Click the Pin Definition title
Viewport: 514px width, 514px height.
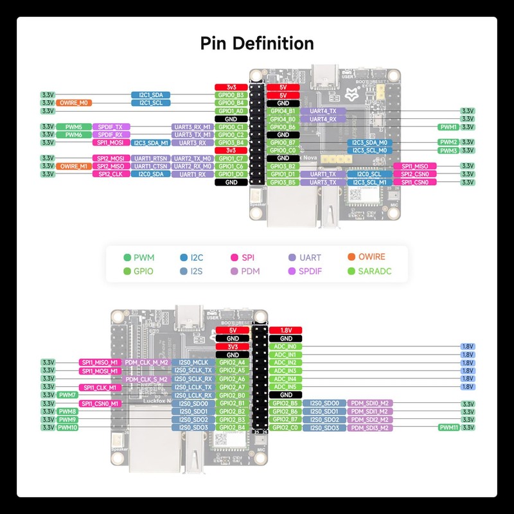coord(257,44)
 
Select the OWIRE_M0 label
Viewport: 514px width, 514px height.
coord(75,103)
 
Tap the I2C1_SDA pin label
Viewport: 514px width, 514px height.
coord(150,94)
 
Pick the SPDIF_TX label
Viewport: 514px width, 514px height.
coord(111,127)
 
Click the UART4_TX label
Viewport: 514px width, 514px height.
coord(323,111)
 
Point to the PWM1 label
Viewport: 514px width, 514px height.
coord(448,127)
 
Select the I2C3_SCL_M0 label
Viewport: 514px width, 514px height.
coord(369,150)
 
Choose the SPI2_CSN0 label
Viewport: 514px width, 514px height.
coord(414,174)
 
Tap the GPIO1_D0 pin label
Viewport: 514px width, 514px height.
coord(231,174)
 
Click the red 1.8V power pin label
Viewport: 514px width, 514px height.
coord(285,330)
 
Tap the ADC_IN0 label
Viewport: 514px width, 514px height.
coord(285,346)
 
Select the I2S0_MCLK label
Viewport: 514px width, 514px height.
coord(191,362)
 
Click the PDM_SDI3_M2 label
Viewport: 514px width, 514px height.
coord(369,427)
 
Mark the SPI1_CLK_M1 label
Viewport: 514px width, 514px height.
coord(99,387)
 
